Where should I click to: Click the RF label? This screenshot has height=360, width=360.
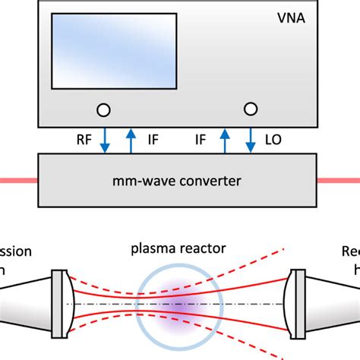point(86,139)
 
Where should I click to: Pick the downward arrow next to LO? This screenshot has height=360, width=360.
point(250,139)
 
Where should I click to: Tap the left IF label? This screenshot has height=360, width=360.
point(151,139)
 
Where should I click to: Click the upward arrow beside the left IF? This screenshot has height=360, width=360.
point(131,139)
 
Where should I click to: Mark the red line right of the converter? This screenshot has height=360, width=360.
point(339,180)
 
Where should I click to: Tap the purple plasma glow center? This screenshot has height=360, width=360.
point(179,304)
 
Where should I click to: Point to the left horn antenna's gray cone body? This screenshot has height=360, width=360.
point(27,304)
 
